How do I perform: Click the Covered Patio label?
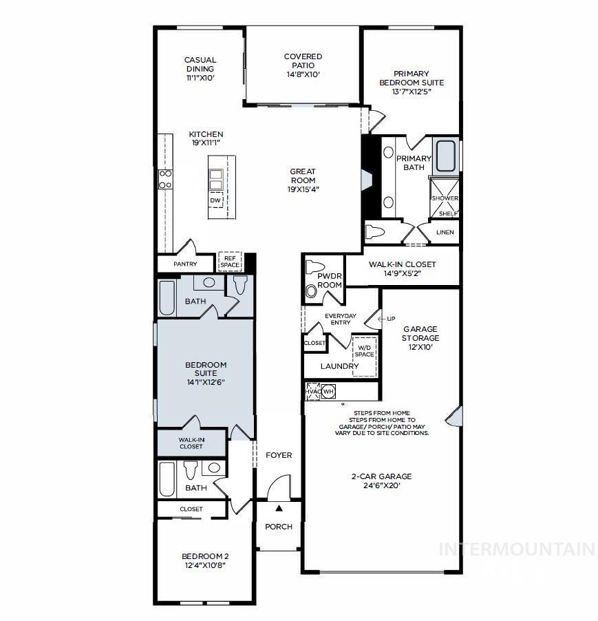303,65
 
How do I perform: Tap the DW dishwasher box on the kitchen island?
215,200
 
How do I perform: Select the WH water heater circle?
328,392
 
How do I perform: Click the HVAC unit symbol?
313,391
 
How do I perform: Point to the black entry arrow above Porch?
279,508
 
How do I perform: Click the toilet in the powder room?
315,267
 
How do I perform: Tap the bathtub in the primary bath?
446,156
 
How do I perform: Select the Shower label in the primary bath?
445,198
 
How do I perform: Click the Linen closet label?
445,232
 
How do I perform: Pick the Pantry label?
185,264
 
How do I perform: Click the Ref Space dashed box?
230,262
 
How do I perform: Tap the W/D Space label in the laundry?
364,351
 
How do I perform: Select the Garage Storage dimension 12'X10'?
420,347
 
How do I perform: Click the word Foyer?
279,455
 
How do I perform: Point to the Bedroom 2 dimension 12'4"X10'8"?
205,565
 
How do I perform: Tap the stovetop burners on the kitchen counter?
165,179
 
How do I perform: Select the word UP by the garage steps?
391,319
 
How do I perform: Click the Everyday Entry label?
341,319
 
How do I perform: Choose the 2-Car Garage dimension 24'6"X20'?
382,485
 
